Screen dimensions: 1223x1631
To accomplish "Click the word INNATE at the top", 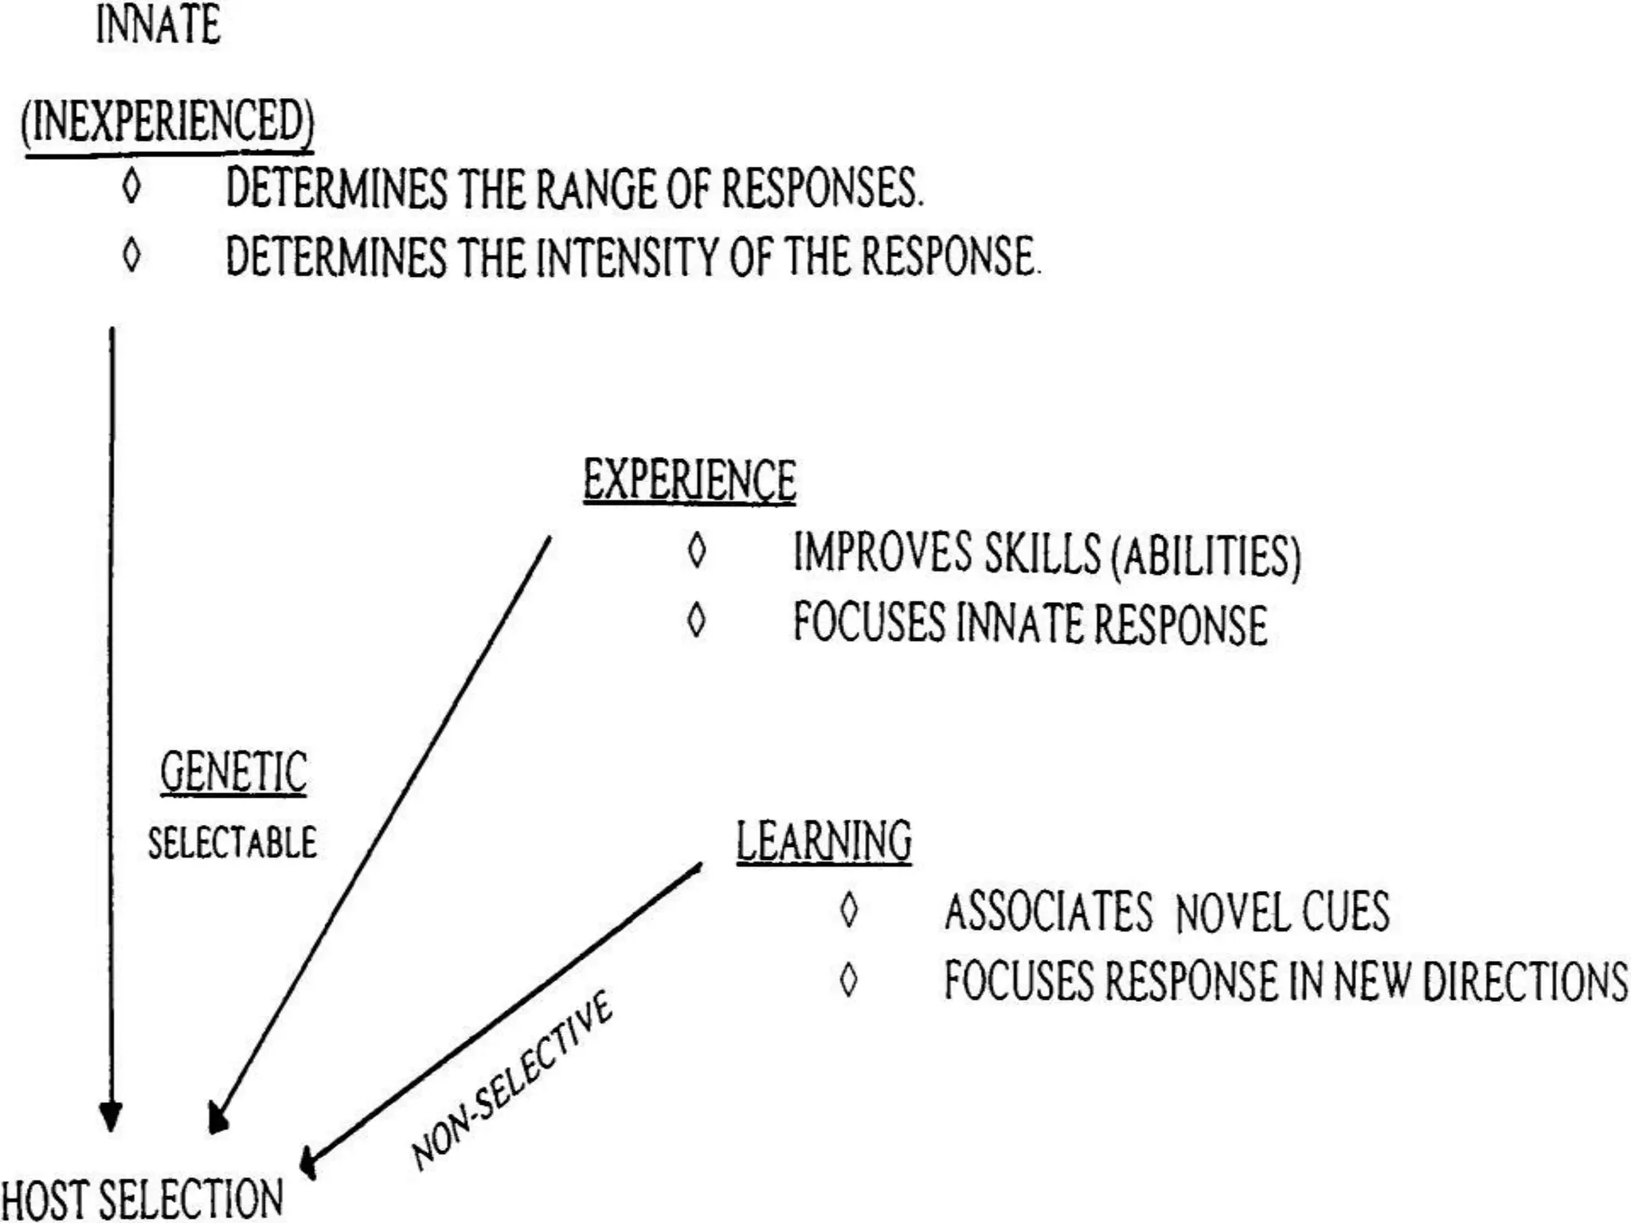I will [x=158, y=25].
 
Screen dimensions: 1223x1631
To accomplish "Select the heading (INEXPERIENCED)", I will [x=167, y=122].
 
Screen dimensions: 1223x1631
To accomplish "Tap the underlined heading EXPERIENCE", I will [x=690, y=480].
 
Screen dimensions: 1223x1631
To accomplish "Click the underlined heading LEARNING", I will [x=823, y=841].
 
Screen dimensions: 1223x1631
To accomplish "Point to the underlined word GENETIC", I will [x=233, y=772].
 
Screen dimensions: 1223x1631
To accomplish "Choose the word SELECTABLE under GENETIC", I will [x=232, y=842].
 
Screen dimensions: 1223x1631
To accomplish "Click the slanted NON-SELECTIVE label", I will [x=511, y=1079].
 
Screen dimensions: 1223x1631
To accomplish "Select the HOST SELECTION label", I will [x=142, y=1199].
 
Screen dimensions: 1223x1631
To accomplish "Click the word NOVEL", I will [x=1232, y=912].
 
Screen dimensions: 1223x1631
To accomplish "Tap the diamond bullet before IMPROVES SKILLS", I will [x=697, y=551].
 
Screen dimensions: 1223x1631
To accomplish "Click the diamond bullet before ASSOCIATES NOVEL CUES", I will [x=849, y=910].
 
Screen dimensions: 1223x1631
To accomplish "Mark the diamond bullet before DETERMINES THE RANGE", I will [x=131, y=187].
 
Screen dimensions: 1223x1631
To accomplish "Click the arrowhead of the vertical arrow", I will [x=111, y=1116].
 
